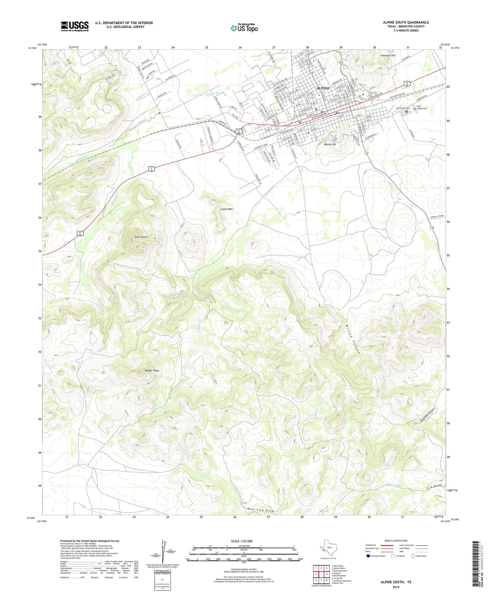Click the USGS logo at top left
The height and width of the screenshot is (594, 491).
(x=75, y=26)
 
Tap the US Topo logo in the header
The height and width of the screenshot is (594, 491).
(x=244, y=28)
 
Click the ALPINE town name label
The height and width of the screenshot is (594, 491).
(x=322, y=88)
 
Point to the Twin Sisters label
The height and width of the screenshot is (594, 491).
(x=141, y=237)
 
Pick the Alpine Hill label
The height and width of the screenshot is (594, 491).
(x=330, y=144)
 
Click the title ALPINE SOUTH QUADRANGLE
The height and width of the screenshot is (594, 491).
(x=406, y=22)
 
